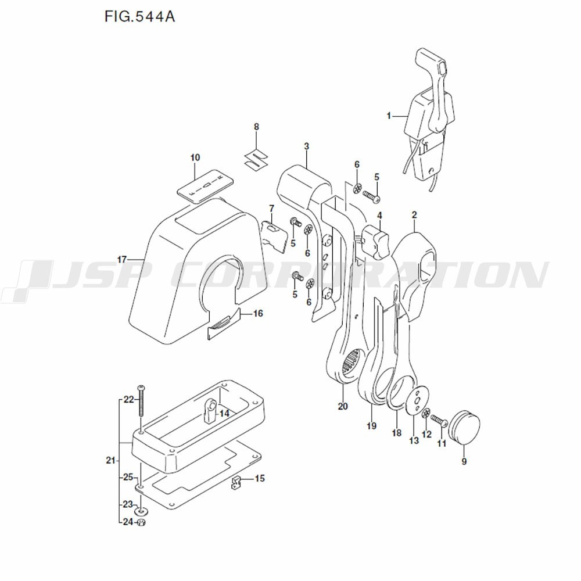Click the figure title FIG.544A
pos(139,16)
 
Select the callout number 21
pos(110,461)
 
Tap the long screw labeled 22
pos(141,401)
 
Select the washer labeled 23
pos(141,511)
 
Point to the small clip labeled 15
pos(236,482)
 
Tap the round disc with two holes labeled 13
pos(415,401)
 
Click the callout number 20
pos(343,406)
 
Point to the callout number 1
pos(389,116)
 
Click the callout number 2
pos(414,215)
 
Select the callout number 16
pos(258,313)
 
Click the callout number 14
pos(224,413)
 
